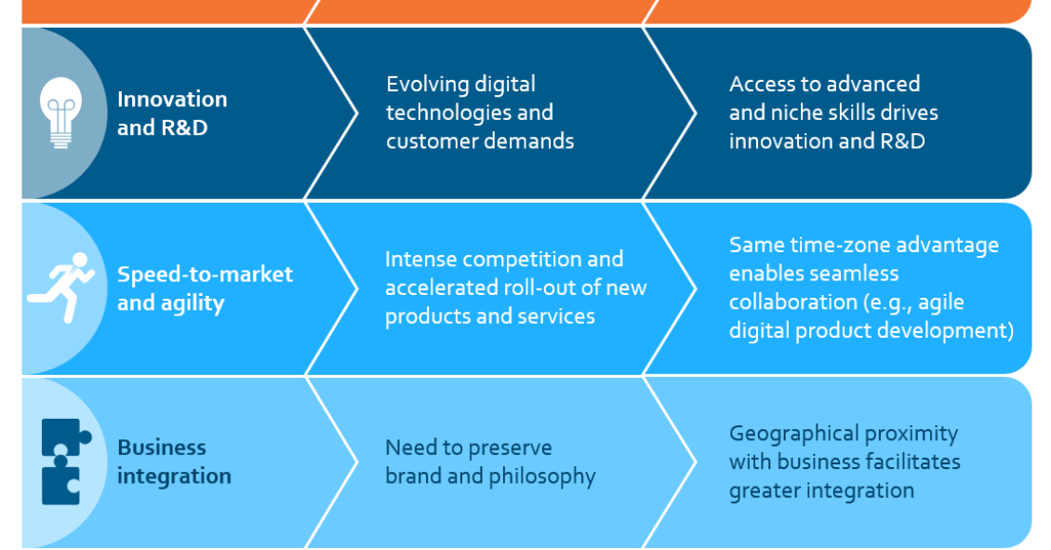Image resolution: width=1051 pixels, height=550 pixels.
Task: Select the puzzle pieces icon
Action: [x=65, y=462]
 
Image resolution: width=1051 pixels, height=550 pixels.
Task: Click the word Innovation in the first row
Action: [x=172, y=100]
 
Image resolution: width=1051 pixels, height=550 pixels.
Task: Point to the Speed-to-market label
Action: [x=206, y=275]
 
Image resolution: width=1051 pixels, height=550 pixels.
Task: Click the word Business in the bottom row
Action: [x=162, y=448]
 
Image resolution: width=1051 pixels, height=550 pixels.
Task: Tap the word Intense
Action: [x=421, y=259]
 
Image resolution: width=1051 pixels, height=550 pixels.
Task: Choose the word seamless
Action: [x=855, y=274]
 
